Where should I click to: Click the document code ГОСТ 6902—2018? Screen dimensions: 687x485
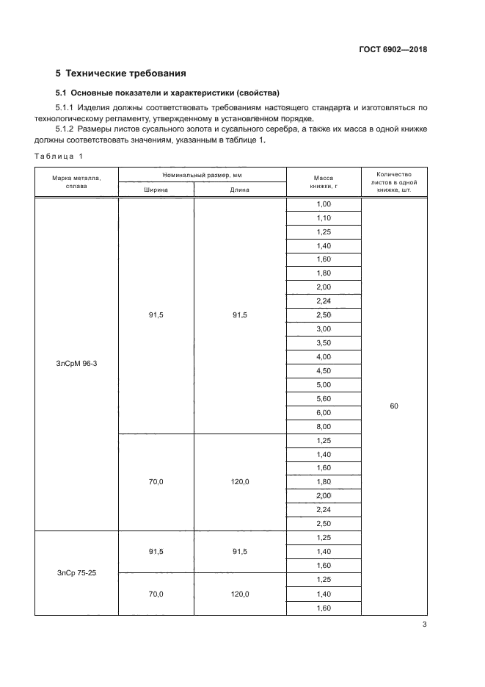click(393, 50)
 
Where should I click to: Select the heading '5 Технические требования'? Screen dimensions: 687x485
click(121, 73)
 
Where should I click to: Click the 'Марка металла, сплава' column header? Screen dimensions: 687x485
click(76, 182)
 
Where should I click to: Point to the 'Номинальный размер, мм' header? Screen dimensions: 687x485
click(203, 175)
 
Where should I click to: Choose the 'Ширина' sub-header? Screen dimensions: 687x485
click(156, 190)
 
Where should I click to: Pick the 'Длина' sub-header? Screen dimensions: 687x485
click(240, 190)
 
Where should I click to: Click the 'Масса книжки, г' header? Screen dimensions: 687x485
click(324, 182)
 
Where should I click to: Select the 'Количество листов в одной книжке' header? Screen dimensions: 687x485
click(394, 182)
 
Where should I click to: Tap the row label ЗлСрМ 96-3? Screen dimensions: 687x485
click(76, 363)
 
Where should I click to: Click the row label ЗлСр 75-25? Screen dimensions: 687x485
click(76, 572)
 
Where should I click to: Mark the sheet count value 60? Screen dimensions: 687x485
click(394, 406)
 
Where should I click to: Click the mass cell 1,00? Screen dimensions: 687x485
click(324, 204)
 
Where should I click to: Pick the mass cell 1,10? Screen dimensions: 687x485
click(324, 218)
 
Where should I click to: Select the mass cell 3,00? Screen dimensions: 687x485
click(324, 329)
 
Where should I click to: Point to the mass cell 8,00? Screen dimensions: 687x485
click(324, 426)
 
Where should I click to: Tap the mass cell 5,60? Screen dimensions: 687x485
click(324, 398)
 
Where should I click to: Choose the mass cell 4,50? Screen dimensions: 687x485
click(324, 370)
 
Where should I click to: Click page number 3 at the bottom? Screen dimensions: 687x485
click(424, 625)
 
